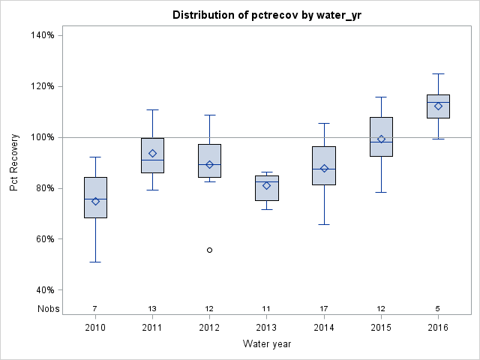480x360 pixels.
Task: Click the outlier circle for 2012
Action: pyautogui.click(x=209, y=250)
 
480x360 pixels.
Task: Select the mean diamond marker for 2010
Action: pyautogui.click(x=95, y=201)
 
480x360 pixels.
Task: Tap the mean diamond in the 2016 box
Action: pyautogui.click(x=438, y=106)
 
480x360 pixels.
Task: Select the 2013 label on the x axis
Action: pyautogui.click(x=266, y=328)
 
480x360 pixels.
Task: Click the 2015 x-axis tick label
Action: pyautogui.click(x=381, y=328)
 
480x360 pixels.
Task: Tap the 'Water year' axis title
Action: pyautogui.click(x=266, y=344)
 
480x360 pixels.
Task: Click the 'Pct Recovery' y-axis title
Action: pyautogui.click(x=14, y=162)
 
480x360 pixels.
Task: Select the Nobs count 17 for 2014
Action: pyautogui.click(x=324, y=308)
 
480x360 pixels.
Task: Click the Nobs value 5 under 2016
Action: pyautogui.click(x=438, y=308)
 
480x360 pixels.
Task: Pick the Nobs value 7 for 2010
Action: pyautogui.click(x=95, y=308)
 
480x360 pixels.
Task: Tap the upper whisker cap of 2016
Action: pyautogui.click(x=438, y=73)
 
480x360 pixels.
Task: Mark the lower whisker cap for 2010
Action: pyautogui.click(x=95, y=262)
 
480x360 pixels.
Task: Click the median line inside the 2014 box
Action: pyautogui.click(x=324, y=169)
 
